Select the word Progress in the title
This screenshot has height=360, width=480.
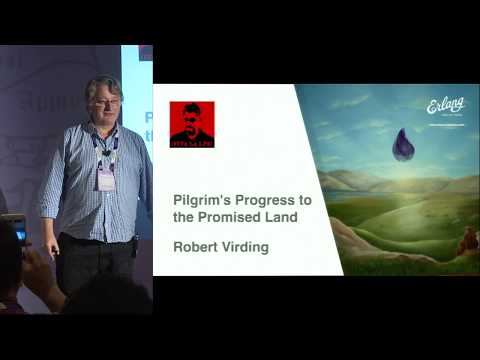point(246,200)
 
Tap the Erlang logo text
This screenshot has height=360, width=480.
point(446,105)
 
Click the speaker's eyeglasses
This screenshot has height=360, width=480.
point(106,102)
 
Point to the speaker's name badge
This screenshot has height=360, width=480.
point(105,179)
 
